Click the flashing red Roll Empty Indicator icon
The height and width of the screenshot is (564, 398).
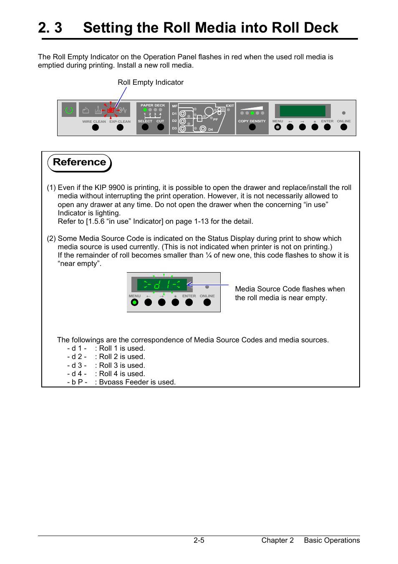(x=111, y=110)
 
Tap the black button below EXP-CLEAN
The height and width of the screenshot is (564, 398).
(x=120, y=127)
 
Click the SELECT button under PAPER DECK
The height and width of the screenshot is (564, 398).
(x=145, y=127)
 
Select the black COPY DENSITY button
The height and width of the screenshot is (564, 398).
(x=252, y=127)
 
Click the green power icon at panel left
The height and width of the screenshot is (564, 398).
(x=69, y=110)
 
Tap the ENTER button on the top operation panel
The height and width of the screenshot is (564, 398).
(x=327, y=127)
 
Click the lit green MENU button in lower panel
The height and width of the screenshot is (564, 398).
(x=134, y=302)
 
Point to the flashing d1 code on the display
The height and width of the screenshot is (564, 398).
(x=162, y=285)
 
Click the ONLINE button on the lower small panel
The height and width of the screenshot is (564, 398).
(x=207, y=302)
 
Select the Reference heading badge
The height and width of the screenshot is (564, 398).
(x=79, y=162)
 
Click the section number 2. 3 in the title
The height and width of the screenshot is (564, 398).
(x=50, y=28)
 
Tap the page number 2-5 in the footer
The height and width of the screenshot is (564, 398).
(x=199, y=540)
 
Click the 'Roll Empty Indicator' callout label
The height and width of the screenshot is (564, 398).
(x=151, y=82)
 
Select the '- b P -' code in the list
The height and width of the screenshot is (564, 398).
(x=77, y=382)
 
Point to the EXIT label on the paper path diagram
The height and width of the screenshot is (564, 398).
(x=230, y=106)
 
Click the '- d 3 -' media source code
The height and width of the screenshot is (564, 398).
(x=77, y=365)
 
